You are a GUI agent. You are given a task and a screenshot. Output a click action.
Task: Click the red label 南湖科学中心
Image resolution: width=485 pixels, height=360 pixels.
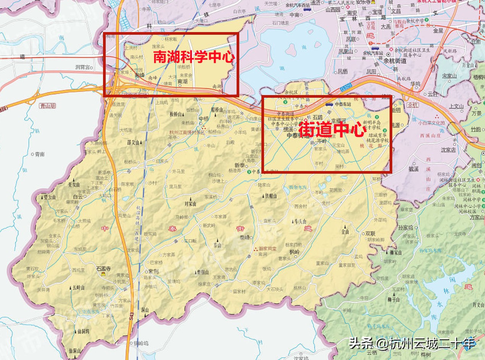pos(193,57)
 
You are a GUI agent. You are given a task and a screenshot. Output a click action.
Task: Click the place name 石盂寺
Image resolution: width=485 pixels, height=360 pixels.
pos(103,268)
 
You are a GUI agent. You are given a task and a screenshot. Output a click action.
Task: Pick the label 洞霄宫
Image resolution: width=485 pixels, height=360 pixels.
pos(84,67)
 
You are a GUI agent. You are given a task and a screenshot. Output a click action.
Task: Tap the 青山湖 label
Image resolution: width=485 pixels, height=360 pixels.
pos(47,106)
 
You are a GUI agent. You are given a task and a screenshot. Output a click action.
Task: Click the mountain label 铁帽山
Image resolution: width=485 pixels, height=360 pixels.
pos(270,196)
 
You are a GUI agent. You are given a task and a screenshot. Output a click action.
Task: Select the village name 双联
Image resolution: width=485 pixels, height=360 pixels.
pos(370,233)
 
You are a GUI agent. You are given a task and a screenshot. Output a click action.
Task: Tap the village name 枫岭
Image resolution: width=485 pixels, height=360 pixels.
pos(294,252)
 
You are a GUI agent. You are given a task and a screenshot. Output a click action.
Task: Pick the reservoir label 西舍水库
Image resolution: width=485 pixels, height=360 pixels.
pos(298,187)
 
